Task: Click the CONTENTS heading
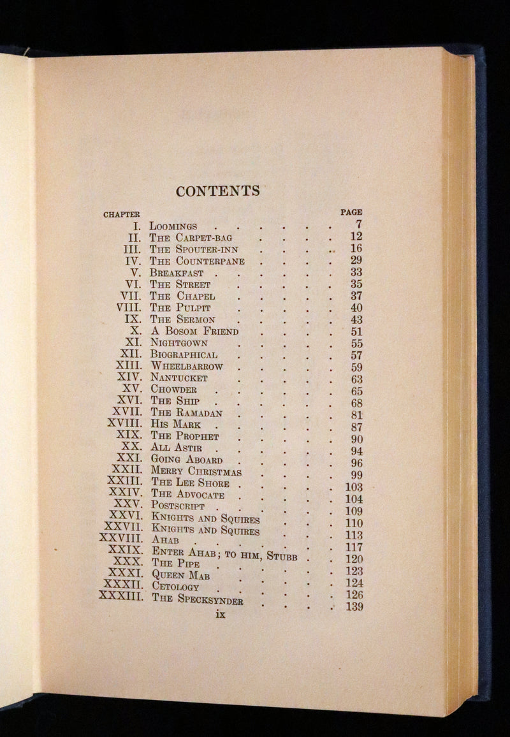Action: [218, 191]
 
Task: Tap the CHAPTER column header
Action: [122, 214]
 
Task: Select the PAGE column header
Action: [351, 212]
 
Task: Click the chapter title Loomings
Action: [173, 226]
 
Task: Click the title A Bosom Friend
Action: [194, 332]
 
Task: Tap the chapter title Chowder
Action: [174, 390]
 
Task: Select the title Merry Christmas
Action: [196, 471]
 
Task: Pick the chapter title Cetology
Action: [175, 587]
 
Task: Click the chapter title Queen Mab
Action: [181, 575]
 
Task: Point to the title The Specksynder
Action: [198, 599]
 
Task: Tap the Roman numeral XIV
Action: [129, 377]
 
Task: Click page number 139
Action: [353, 606]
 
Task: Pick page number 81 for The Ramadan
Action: [356, 414]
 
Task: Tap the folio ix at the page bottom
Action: [221, 615]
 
